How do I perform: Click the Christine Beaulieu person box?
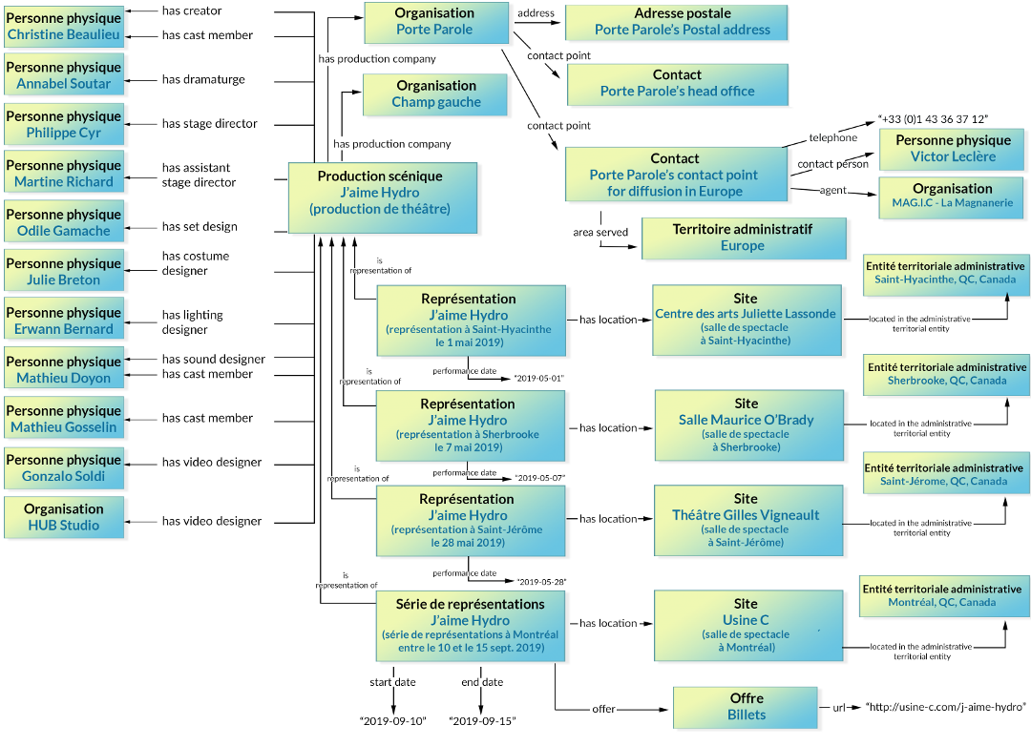pyautogui.click(x=64, y=27)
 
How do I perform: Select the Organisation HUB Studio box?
pyautogui.click(x=64, y=517)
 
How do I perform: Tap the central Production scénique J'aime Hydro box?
pyautogui.click(x=383, y=197)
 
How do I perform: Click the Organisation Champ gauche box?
pyautogui.click(x=435, y=94)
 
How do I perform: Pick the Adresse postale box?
pyautogui.click(x=677, y=22)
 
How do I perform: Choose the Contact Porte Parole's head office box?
pyautogui.click(x=677, y=84)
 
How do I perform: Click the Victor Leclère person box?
pyautogui.click(x=952, y=149)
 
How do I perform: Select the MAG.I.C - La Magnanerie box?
pyautogui.click(x=952, y=197)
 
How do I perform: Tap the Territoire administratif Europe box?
pyautogui.click(x=744, y=238)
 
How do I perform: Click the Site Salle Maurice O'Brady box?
pyautogui.click(x=749, y=425)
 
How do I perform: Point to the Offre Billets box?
pyautogui.click(x=746, y=708)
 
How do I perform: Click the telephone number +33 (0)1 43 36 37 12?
pyautogui.click(x=933, y=119)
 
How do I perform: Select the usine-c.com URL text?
pyautogui.click(x=945, y=707)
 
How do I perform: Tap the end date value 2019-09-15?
pyautogui.click(x=482, y=721)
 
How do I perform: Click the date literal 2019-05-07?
pyautogui.click(x=539, y=478)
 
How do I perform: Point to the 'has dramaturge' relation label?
pyautogui.click(x=203, y=79)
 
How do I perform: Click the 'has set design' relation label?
pyautogui.click(x=200, y=227)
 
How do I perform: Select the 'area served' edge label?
pyautogui.click(x=600, y=232)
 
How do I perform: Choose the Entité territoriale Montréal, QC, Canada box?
pyautogui.click(x=942, y=596)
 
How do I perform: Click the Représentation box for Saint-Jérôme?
pyautogui.click(x=470, y=521)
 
